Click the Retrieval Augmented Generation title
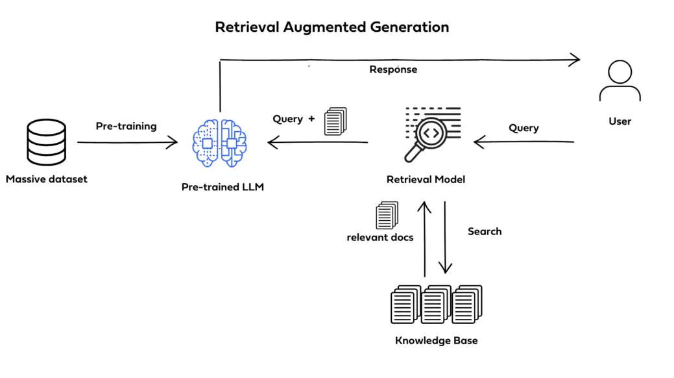click(x=331, y=27)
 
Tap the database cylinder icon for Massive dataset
click(x=46, y=142)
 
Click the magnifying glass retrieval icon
click(x=431, y=134)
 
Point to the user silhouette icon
click(x=620, y=81)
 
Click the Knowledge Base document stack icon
click(x=436, y=303)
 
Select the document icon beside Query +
click(x=335, y=121)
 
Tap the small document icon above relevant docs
click(x=387, y=215)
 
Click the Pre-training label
click(x=126, y=126)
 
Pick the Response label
click(x=393, y=69)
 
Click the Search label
click(x=485, y=231)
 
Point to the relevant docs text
click(x=380, y=237)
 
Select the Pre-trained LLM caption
click(x=223, y=187)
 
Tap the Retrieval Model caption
click(x=426, y=179)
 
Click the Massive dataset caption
click(x=47, y=179)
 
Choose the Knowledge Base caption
click(x=436, y=340)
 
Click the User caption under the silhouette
click(x=620, y=121)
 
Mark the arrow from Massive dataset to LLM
click(x=127, y=142)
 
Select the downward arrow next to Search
click(x=445, y=237)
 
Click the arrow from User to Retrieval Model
click(x=524, y=142)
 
